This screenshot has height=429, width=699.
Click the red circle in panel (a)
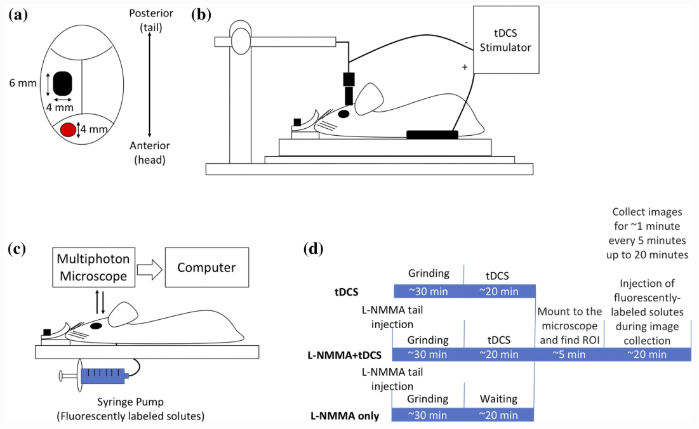(x=68, y=130)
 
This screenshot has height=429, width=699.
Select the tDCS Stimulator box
(x=505, y=41)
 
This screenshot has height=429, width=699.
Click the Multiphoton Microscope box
(x=92, y=267)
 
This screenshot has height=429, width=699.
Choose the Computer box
(x=206, y=267)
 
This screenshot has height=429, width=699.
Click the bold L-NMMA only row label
(x=344, y=416)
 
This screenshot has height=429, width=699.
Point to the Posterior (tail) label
(x=149, y=19)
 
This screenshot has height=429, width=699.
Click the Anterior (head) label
(x=149, y=153)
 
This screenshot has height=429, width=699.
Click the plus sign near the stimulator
(x=465, y=67)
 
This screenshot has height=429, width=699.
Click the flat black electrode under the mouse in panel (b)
(x=432, y=134)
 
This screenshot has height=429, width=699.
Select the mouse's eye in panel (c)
(x=96, y=326)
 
